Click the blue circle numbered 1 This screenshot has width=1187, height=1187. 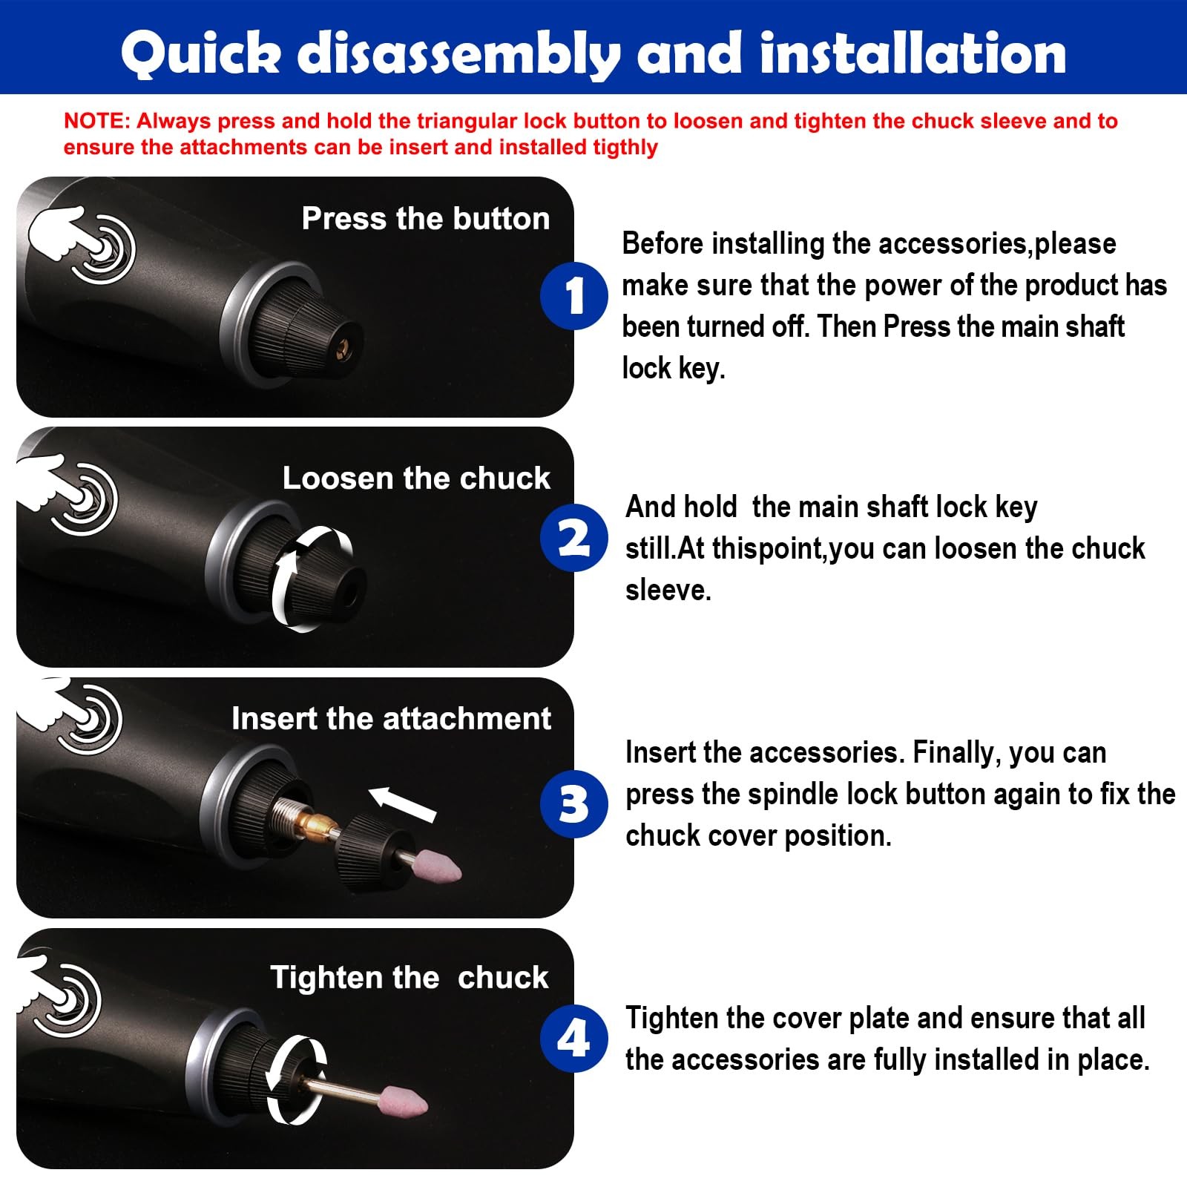[x=574, y=295]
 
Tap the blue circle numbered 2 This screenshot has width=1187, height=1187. [x=574, y=538]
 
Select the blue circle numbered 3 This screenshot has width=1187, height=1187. [x=574, y=804]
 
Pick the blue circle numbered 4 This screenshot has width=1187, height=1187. [x=574, y=1038]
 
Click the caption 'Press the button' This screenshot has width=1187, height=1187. [x=426, y=219]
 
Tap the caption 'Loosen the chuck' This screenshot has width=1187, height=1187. [x=416, y=479]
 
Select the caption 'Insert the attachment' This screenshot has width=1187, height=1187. [x=391, y=719]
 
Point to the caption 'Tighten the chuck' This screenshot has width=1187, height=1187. [x=409, y=978]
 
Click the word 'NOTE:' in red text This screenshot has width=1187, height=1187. [x=96, y=121]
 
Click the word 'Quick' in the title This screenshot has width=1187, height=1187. [x=201, y=53]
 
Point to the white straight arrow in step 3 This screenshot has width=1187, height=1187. [x=402, y=803]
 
